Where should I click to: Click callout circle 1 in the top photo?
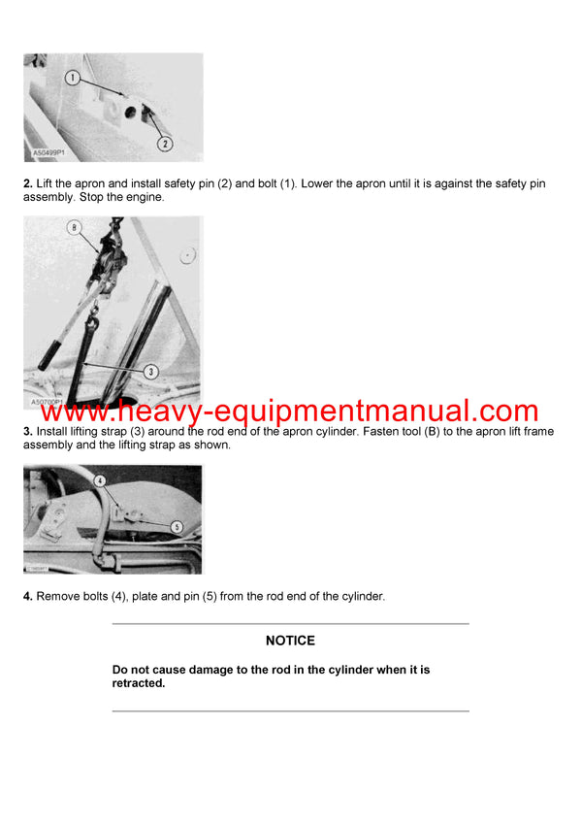(73, 78)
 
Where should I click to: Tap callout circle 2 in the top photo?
(164, 143)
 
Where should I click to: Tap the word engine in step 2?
(145, 197)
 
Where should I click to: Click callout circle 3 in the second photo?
(151, 371)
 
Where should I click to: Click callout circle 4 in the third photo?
(100, 480)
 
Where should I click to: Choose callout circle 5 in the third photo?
(176, 526)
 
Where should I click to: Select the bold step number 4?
(28, 596)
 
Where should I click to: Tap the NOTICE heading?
(290, 641)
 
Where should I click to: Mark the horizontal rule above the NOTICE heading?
(290, 623)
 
